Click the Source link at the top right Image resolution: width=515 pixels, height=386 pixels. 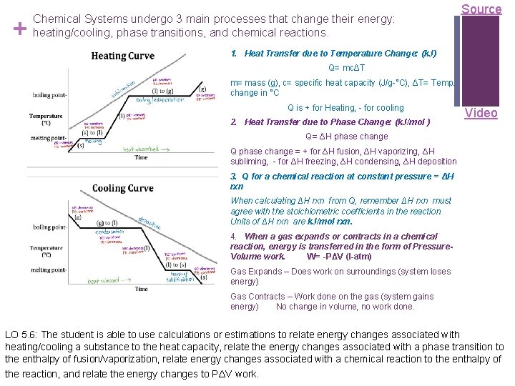click(481, 9)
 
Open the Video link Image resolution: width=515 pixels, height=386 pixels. click(481, 113)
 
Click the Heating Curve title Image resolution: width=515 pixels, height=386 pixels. click(122, 56)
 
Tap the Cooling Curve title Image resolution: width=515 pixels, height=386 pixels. click(122, 189)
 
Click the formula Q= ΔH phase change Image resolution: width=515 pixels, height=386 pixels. click(346, 137)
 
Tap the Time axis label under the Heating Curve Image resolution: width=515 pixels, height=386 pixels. click(142, 157)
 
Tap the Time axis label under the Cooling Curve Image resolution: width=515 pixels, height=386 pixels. click(142, 289)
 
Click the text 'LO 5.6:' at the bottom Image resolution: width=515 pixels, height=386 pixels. click(21, 335)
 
